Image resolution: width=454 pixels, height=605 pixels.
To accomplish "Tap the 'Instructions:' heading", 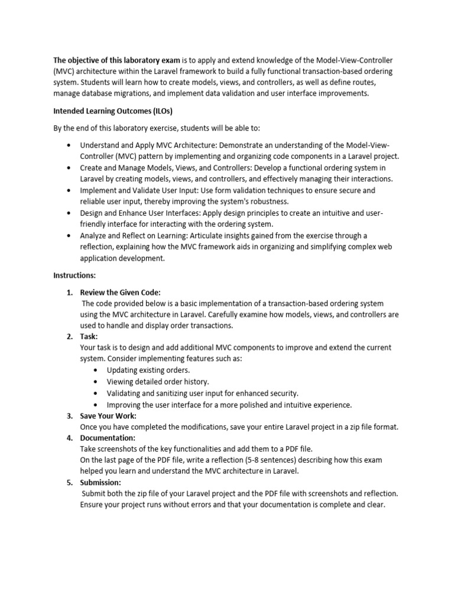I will click(x=74, y=275).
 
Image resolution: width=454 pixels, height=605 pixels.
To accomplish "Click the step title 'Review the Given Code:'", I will click(x=120, y=292).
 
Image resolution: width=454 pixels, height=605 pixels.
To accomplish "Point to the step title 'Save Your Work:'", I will click(x=108, y=416).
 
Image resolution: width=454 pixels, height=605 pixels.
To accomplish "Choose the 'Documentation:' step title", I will click(x=108, y=438).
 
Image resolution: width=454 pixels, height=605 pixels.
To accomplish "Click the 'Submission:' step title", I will click(x=100, y=482).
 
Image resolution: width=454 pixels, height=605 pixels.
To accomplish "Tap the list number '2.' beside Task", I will click(x=69, y=337).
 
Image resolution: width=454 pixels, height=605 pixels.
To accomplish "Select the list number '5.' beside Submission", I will click(x=69, y=482).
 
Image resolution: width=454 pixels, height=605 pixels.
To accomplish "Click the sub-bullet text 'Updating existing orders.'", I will click(x=148, y=370).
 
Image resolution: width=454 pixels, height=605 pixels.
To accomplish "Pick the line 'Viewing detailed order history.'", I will click(x=158, y=382).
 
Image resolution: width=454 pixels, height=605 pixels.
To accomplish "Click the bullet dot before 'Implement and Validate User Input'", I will click(x=70, y=191).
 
